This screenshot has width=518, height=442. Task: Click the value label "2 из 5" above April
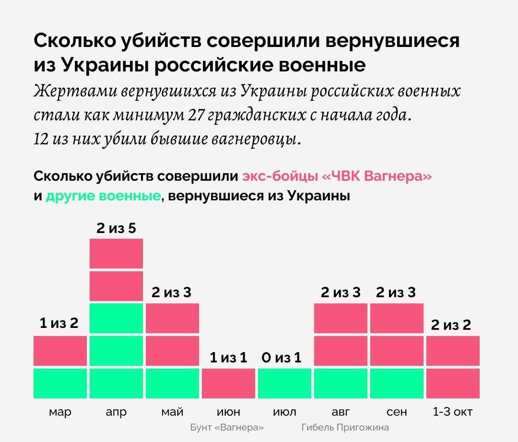point(116,228)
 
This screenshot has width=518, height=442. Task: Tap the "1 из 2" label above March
point(59,324)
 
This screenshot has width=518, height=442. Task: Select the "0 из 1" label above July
point(281,357)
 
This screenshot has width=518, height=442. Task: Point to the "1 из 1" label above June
point(228,357)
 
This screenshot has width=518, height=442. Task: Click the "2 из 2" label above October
point(451,325)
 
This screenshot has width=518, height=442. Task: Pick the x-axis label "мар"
point(60,412)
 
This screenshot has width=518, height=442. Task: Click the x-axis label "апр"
point(116,412)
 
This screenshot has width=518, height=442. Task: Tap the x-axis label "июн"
point(228,412)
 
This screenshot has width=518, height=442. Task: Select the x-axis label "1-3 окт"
point(452,412)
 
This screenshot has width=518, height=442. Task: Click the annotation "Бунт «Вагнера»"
point(227,427)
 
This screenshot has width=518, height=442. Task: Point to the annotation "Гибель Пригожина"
point(345,427)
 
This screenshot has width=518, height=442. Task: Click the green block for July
point(284,383)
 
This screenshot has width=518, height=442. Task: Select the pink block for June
point(228,383)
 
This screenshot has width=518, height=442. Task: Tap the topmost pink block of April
point(116,254)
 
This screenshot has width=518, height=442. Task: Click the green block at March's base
point(60,383)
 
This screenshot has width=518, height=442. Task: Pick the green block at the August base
point(341,383)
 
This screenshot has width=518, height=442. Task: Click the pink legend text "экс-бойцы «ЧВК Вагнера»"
point(337,176)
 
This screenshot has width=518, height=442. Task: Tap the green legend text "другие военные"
point(103,196)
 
